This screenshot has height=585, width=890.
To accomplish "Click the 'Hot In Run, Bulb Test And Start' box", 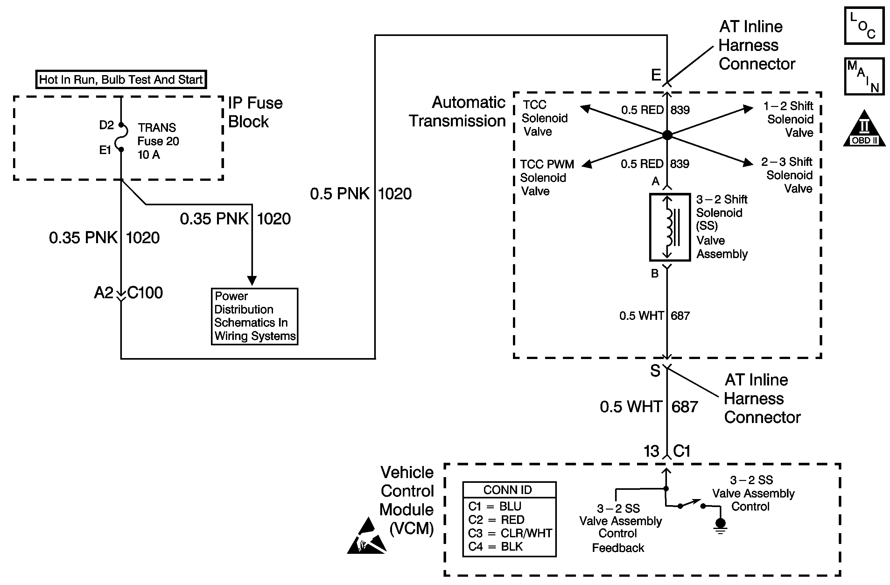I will [121, 79].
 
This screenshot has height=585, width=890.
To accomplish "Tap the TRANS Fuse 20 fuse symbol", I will [122, 137].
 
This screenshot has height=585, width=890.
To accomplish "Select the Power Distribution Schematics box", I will [254, 316].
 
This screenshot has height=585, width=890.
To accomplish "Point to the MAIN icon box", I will [864, 76].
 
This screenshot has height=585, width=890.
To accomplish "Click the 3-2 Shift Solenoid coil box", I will [669, 227].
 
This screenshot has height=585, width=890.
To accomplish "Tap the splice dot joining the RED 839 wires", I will [667, 135].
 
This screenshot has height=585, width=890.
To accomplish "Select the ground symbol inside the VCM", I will [720, 525].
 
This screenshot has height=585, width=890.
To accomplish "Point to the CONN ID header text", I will [508, 490].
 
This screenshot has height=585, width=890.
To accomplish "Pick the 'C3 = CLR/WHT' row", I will [510, 533].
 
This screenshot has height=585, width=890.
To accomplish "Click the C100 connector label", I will [145, 292].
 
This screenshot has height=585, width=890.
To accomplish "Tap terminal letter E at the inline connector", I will [656, 75].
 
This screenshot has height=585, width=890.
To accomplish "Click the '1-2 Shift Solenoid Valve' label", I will [789, 119].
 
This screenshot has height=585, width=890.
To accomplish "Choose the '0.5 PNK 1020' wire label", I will [361, 194].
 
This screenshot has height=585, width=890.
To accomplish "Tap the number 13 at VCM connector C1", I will [651, 451].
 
